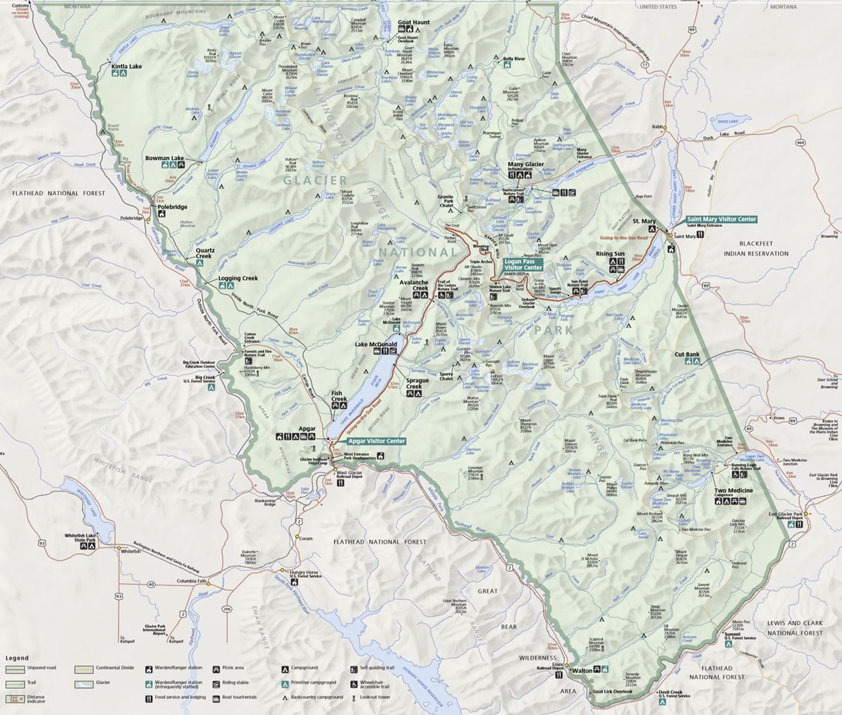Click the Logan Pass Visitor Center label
523,264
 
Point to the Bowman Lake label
164,159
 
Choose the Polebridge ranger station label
171,208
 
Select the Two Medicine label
733,490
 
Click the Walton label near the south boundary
582,671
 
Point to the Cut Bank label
687,355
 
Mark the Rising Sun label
609,253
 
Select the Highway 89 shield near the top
693,50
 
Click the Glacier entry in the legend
103,683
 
